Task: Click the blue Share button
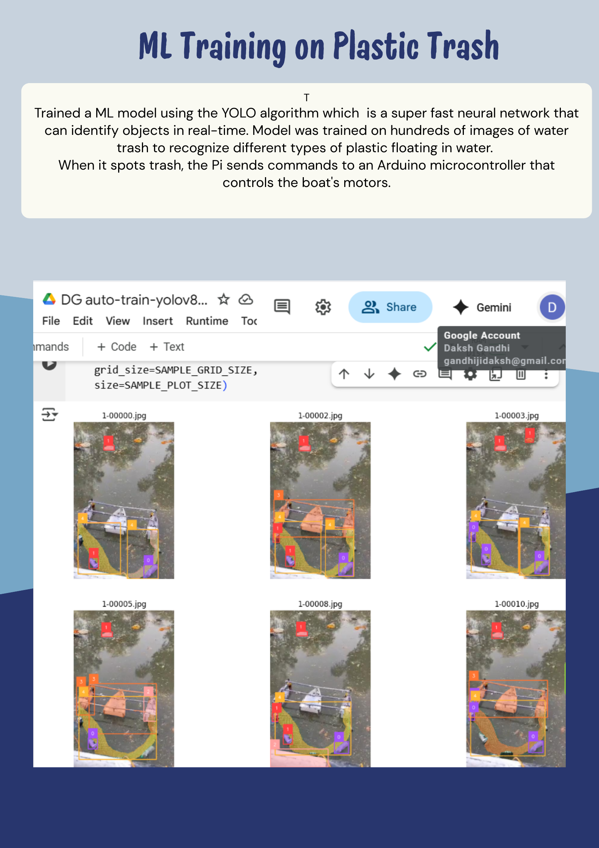(390, 307)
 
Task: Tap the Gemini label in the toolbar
(493, 307)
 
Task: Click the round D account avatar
(551, 307)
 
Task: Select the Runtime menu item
(207, 321)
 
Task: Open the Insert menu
(157, 321)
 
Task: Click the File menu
(51, 321)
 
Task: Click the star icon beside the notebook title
(224, 300)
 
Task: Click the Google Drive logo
(49, 299)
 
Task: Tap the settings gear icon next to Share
(323, 307)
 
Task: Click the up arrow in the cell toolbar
(344, 374)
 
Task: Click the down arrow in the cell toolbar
(369, 374)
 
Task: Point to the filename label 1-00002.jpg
(320, 416)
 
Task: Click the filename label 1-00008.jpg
(320, 604)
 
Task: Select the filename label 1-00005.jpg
(124, 604)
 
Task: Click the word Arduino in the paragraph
(402, 165)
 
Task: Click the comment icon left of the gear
(282, 307)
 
